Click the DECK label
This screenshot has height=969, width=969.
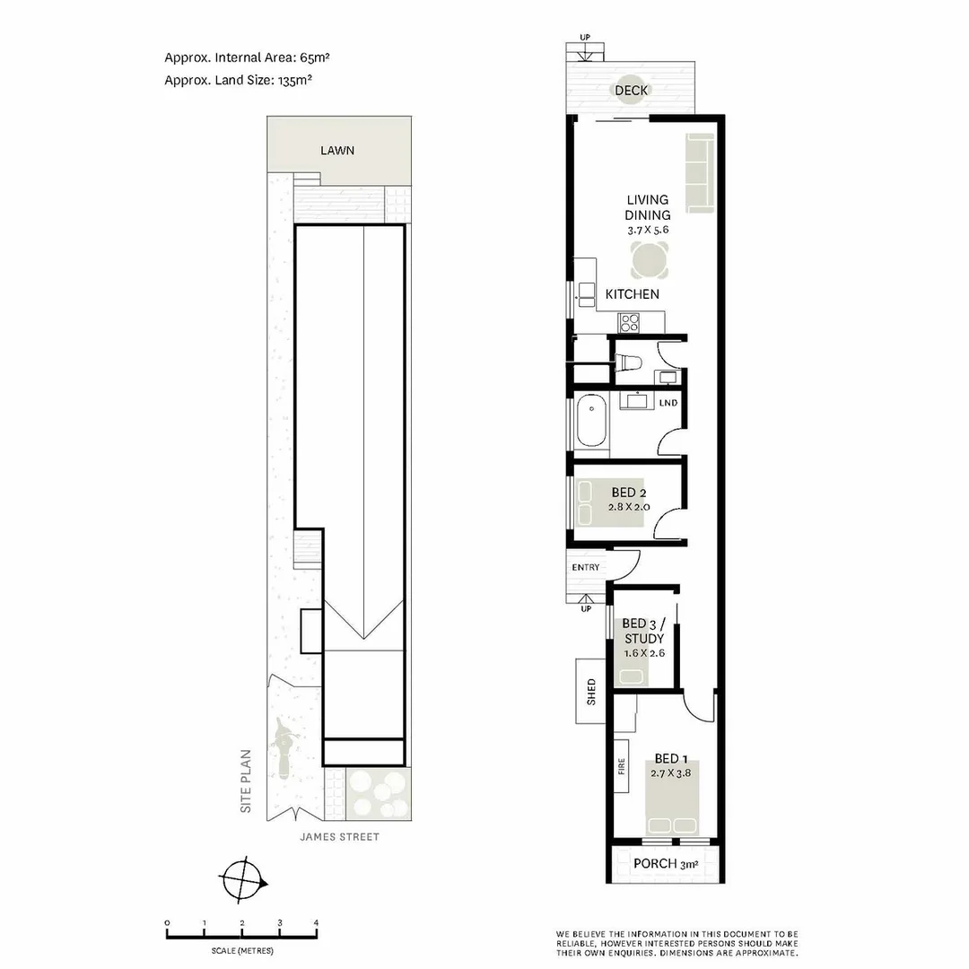632,91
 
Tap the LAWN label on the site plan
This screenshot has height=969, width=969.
337,150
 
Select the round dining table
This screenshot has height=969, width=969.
649,262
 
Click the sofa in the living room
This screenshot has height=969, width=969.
700,173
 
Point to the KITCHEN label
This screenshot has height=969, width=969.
632,294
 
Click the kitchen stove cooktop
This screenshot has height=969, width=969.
626,320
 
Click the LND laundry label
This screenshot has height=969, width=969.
668,403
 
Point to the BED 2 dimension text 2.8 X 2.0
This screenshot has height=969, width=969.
629,507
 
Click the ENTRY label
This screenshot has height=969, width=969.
585,567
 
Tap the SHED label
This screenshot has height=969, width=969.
591,691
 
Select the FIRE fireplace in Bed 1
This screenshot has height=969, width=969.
621,766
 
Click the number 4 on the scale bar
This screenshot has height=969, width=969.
316,922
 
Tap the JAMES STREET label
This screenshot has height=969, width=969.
340,837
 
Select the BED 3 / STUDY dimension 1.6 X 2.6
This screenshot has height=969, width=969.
643,653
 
